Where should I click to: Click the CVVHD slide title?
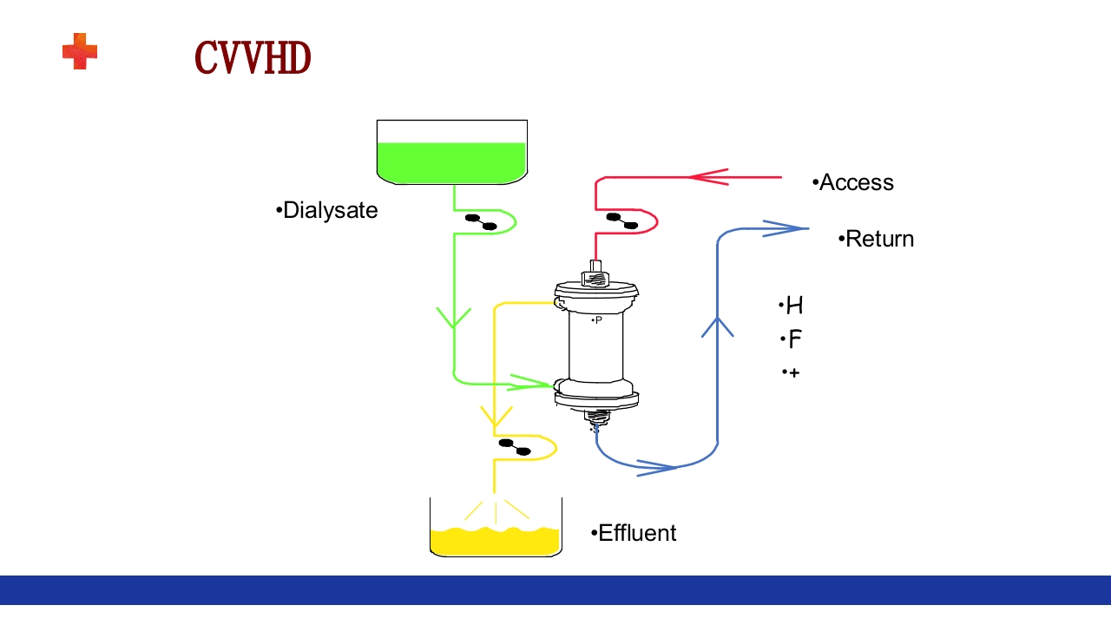point(253,58)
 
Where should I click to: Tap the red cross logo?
point(80,51)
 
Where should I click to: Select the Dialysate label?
point(327,211)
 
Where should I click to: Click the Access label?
point(854,182)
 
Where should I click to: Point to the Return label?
point(877,239)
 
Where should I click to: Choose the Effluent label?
point(634,533)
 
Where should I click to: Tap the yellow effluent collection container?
point(496,538)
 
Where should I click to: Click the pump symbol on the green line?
point(481,222)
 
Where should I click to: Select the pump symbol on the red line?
point(622,221)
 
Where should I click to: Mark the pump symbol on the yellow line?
point(515,447)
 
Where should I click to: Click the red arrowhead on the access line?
point(708,177)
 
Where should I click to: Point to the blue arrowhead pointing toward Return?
point(785,228)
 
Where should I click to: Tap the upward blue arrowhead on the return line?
point(717,327)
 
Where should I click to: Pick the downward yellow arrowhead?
point(494,418)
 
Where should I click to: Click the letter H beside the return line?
point(793,306)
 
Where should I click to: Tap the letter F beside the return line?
point(794,339)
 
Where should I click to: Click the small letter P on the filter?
point(597,320)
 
